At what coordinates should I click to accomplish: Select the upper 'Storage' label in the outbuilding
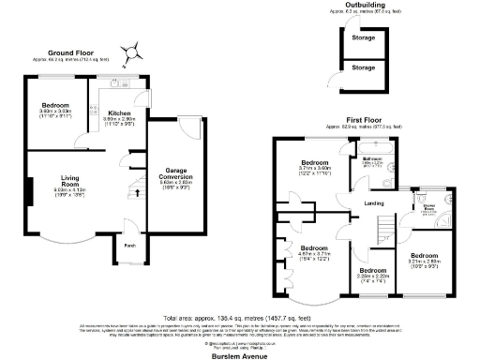click(x=362, y=38)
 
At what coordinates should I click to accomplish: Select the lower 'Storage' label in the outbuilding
click(x=362, y=68)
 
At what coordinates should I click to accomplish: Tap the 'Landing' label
click(x=373, y=203)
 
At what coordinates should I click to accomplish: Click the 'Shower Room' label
click(x=429, y=209)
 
